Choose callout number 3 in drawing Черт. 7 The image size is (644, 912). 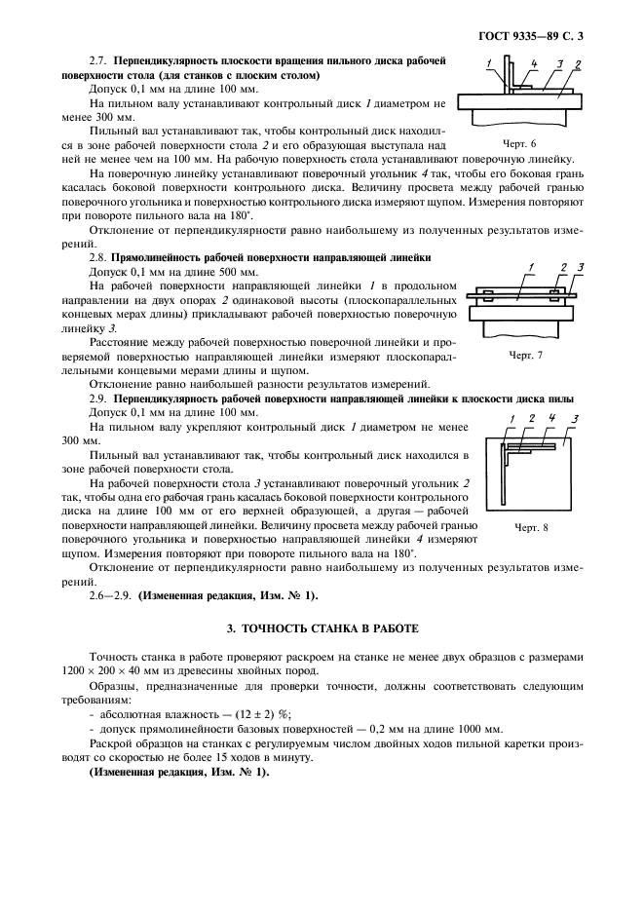tap(581, 266)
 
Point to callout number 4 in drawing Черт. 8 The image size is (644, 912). tap(552, 418)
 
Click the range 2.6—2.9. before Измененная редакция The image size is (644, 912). tap(110, 594)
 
